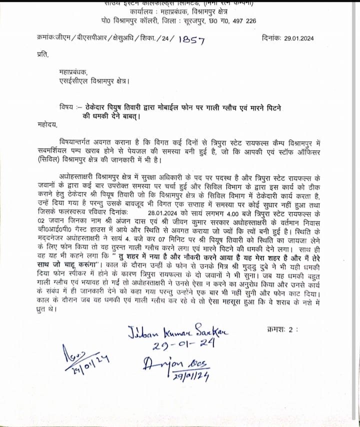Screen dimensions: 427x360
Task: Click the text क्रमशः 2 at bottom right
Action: tap(283, 329)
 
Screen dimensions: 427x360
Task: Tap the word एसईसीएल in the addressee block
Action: tap(72, 80)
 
